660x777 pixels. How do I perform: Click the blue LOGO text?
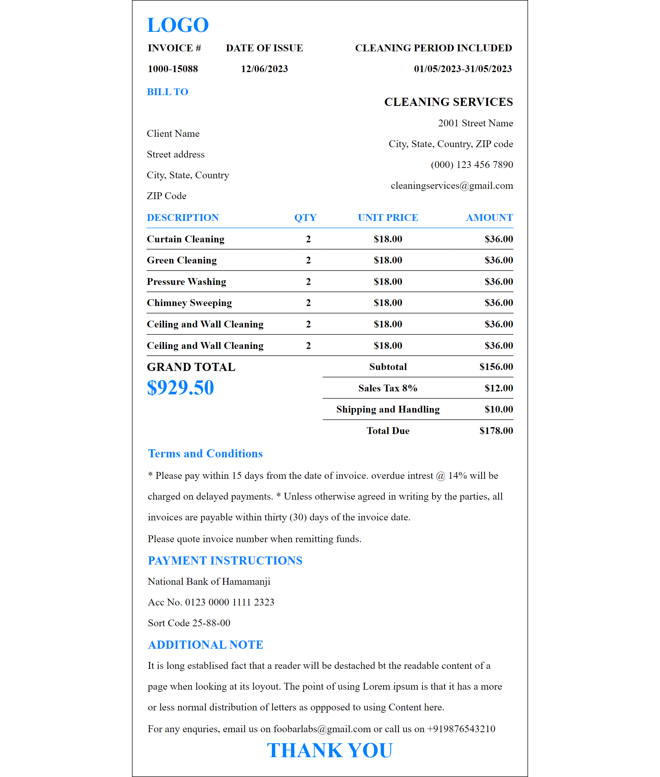178,25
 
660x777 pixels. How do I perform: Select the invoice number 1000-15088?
172,69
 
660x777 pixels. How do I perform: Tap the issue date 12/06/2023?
264,69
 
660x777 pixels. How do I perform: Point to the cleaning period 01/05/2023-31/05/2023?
463,69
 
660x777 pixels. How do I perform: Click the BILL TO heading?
167,92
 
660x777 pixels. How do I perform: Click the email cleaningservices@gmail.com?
451,185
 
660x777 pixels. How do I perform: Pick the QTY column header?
305,217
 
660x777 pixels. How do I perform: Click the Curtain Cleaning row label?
185,239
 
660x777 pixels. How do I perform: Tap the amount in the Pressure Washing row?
498,282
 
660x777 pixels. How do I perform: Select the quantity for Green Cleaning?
308,261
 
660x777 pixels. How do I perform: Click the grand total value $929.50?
180,388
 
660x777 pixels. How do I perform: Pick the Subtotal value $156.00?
496,367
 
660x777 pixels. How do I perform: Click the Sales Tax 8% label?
387,388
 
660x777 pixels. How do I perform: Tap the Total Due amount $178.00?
496,431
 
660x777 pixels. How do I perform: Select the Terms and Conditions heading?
205,453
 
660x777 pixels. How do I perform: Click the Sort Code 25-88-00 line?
189,623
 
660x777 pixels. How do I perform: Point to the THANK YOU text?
330,750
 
